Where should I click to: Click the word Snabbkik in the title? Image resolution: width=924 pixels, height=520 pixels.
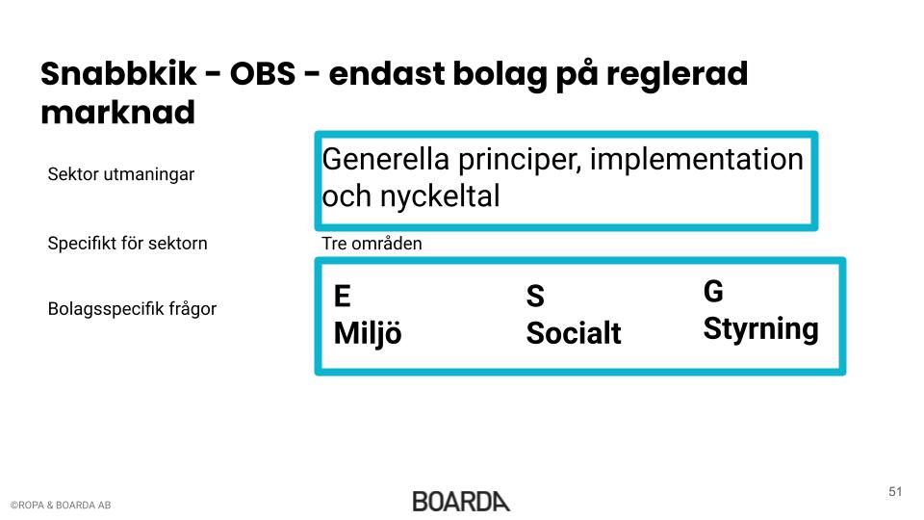click(x=117, y=74)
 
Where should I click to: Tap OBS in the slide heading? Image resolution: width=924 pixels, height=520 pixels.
click(x=263, y=74)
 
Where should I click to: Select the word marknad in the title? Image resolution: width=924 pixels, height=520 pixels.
click(x=117, y=112)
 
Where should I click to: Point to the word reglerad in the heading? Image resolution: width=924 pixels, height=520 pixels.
click(x=677, y=74)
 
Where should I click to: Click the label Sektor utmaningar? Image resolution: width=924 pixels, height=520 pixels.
click(x=121, y=174)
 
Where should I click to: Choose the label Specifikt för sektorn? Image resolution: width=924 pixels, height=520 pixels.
click(x=127, y=243)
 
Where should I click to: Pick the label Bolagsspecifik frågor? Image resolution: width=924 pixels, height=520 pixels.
click(x=132, y=308)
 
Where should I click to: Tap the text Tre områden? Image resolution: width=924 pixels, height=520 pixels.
click(x=372, y=244)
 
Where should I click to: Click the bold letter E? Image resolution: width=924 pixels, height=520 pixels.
click(x=343, y=296)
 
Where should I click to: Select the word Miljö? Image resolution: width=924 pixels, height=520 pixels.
click(x=368, y=334)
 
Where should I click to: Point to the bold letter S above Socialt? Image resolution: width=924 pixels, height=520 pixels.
click(x=535, y=296)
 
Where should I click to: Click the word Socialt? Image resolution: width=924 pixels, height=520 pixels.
click(x=574, y=333)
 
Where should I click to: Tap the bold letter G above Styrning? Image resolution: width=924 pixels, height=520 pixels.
click(x=713, y=291)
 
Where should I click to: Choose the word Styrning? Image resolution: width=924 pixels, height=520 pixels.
click(x=760, y=329)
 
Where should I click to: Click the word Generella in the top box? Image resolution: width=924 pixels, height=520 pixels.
click(x=385, y=159)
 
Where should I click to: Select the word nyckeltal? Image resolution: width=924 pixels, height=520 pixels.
click(x=440, y=196)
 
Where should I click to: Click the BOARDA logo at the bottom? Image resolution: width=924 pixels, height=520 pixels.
click(x=461, y=502)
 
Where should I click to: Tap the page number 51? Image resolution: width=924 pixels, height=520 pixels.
click(x=895, y=492)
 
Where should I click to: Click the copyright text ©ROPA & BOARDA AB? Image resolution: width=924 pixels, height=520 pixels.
click(x=61, y=506)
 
